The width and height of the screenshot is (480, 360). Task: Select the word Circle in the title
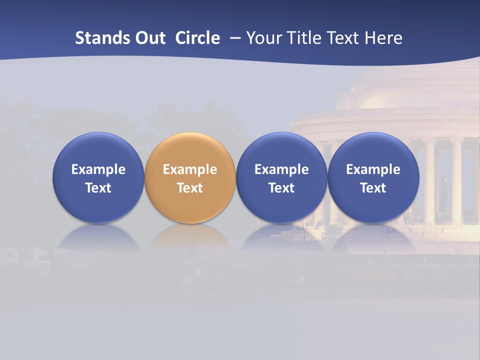tap(197, 38)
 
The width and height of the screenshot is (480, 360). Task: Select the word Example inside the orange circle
tap(190, 169)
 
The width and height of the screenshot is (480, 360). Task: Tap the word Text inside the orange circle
tap(190, 188)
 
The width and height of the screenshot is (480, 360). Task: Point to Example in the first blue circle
tap(98, 169)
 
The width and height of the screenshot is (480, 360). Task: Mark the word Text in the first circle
tap(98, 188)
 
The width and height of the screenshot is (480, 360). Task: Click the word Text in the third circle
tap(281, 188)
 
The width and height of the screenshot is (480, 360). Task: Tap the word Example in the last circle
tap(373, 169)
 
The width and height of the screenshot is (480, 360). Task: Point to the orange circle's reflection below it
tap(190, 237)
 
